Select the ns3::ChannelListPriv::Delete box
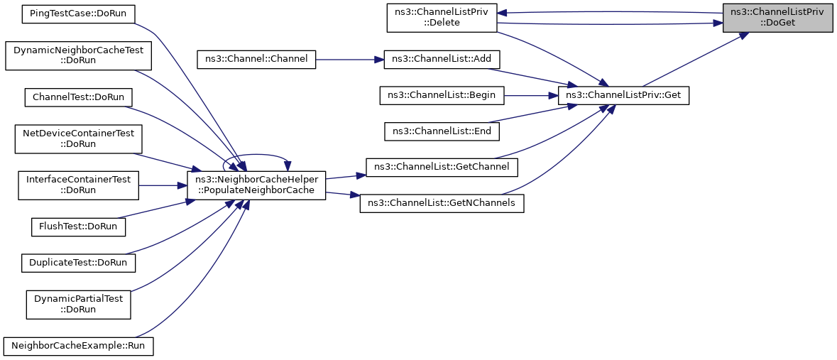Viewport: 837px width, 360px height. click(x=442, y=17)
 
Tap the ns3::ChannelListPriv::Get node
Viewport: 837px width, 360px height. click(x=623, y=95)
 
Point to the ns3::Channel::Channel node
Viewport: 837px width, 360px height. click(x=257, y=59)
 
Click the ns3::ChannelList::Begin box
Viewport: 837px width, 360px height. click(x=442, y=95)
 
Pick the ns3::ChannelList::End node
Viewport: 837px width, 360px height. click(x=442, y=131)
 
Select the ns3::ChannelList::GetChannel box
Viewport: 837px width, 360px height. click(x=442, y=167)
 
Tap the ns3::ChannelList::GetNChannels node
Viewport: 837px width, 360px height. click(x=442, y=204)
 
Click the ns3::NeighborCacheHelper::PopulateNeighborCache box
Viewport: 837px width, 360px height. click(x=257, y=185)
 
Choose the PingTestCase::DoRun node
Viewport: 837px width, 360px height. click(x=79, y=13)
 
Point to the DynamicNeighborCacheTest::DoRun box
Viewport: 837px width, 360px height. click(x=79, y=55)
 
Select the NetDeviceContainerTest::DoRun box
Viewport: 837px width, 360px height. click(x=79, y=138)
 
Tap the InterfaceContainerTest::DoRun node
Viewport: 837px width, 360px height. click(x=79, y=185)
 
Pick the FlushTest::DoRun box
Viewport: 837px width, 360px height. click(x=79, y=227)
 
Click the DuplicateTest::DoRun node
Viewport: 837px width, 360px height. click(x=79, y=263)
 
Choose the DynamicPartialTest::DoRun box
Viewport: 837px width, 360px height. click(x=79, y=305)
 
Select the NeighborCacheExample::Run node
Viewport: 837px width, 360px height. click(x=79, y=347)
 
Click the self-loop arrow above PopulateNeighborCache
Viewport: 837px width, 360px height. click(x=256, y=154)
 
